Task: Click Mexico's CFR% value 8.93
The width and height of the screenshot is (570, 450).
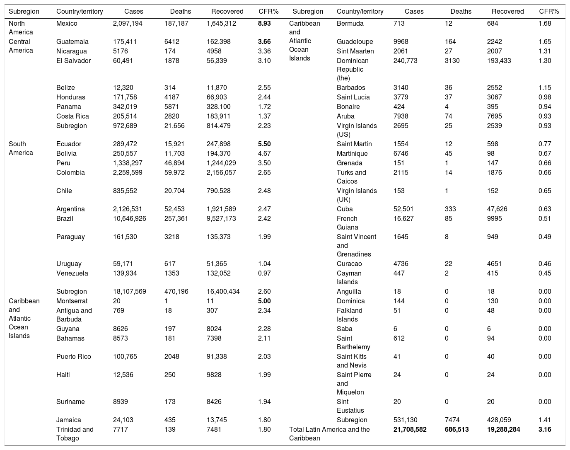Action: tap(264, 24)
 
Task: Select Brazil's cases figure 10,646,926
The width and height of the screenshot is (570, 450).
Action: tap(129, 218)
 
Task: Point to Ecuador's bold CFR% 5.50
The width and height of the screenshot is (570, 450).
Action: tap(264, 144)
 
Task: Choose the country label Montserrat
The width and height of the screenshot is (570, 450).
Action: tap(72, 301)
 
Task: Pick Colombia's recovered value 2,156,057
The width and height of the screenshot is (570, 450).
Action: tap(223, 172)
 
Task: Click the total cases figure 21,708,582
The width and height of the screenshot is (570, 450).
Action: tap(410, 429)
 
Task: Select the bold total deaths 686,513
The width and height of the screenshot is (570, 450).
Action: tap(456, 429)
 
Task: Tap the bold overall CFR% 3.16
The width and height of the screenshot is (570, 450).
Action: tap(545, 429)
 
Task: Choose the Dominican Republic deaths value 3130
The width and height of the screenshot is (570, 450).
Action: tap(452, 60)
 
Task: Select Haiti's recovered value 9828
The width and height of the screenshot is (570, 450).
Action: tap(215, 375)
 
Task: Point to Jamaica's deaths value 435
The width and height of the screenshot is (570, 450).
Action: tap(170, 420)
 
